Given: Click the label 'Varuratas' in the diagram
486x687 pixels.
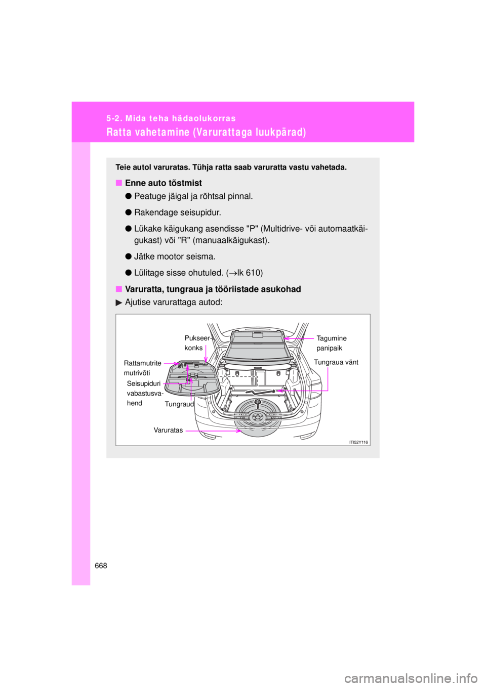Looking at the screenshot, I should point(168,431).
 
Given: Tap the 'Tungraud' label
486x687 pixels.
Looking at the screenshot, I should point(179,404).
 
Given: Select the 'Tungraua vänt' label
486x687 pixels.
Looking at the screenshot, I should point(336,362).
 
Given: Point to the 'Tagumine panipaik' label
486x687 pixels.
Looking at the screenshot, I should point(331,343).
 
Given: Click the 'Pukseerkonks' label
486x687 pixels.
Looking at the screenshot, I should point(197,343).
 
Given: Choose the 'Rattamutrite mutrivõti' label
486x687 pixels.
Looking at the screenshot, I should point(142,368).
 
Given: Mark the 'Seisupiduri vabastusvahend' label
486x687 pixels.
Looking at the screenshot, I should point(145,393).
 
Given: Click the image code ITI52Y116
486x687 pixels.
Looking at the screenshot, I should point(358,442).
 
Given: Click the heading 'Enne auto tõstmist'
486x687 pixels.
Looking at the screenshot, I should point(163,183).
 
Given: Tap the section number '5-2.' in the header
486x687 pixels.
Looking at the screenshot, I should point(114,118).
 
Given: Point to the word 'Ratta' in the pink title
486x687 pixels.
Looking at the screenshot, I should point(118,133).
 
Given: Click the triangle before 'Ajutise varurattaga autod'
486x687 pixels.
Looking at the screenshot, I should point(119,303).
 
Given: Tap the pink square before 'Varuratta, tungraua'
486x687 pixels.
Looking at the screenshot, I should point(118,289).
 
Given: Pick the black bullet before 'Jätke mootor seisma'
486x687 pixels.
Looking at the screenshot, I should point(129,256).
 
